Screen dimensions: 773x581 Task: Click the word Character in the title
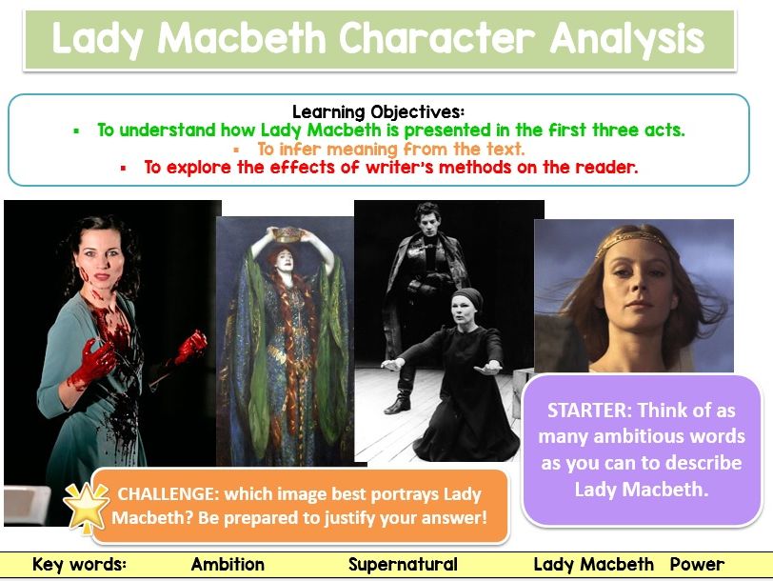click(436, 38)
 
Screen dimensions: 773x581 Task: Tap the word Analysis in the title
click(627, 39)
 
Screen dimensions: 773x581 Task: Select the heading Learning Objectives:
click(378, 111)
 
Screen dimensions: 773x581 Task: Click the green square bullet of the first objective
click(76, 131)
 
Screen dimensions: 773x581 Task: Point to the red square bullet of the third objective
click(123, 169)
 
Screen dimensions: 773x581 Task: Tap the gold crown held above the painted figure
click(287, 233)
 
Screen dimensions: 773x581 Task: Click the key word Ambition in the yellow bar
click(228, 564)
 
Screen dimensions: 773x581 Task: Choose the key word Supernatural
click(403, 565)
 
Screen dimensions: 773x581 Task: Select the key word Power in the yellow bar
click(697, 564)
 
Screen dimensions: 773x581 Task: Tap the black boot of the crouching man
click(399, 404)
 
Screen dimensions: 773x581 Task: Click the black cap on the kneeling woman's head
click(467, 298)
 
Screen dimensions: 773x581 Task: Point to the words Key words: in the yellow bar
click(79, 564)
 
